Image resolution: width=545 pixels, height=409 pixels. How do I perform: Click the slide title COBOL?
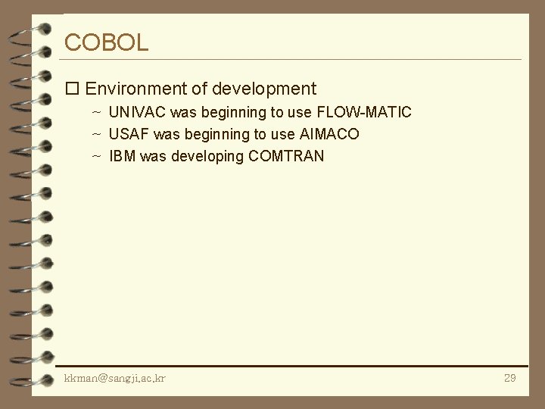tap(107, 42)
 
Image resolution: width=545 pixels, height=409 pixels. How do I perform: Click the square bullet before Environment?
tap(73, 89)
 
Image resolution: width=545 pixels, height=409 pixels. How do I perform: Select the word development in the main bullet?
tap(263, 89)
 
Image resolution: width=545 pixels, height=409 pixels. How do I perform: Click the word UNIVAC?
tap(138, 112)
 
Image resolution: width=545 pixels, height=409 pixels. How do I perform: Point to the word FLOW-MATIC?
tap(364, 112)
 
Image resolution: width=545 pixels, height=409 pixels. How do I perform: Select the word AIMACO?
tap(329, 134)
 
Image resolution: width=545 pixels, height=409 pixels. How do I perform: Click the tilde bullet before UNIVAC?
tap(96, 112)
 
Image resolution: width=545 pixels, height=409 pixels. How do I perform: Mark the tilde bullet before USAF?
tap(96, 134)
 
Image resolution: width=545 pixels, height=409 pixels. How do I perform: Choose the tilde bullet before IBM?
tap(96, 156)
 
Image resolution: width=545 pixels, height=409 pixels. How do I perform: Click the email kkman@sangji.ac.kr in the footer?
tap(115, 377)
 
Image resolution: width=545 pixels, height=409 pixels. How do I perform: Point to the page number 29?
tap(509, 377)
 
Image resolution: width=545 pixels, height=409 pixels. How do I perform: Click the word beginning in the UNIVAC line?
tap(226, 113)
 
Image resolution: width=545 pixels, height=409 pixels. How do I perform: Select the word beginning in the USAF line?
tap(210, 135)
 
